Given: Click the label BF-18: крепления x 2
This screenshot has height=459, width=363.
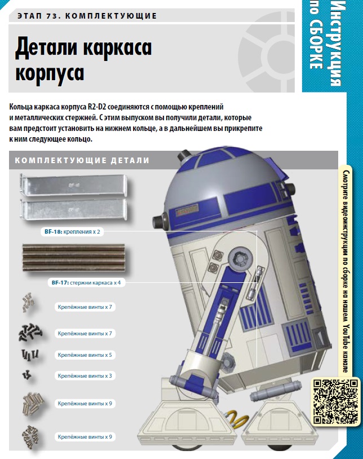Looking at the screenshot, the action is pyautogui.click(x=72, y=232).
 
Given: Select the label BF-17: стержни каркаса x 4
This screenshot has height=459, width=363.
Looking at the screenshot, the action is pyautogui.click(x=86, y=283).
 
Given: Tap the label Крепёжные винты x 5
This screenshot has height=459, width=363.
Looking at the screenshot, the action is pyautogui.click(x=85, y=355).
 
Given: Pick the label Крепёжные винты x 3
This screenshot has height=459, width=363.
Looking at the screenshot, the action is pyautogui.click(x=85, y=376).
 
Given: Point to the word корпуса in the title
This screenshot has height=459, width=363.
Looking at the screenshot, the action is pyautogui.click(x=50, y=73).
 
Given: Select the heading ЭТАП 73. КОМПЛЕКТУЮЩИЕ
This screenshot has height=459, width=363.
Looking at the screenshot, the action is pyautogui.click(x=87, y=16).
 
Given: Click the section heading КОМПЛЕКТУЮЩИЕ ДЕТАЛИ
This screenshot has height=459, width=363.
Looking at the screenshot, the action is pyautogui.click(x=82, y=160).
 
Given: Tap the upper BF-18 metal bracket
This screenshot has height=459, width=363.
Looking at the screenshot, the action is pyautogui.click(x=74, y=185).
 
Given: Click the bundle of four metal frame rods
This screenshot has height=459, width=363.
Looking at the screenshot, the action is pyautogui.click(x=74, y=257).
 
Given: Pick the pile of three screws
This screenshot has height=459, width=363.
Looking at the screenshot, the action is pyautogui.click(x=27, y=374).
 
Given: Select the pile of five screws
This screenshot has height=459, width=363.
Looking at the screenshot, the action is pyautogui.click(x=30, y=355).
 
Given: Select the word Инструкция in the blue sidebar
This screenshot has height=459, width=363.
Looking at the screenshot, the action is pyautogui.click(x=338, y=43).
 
